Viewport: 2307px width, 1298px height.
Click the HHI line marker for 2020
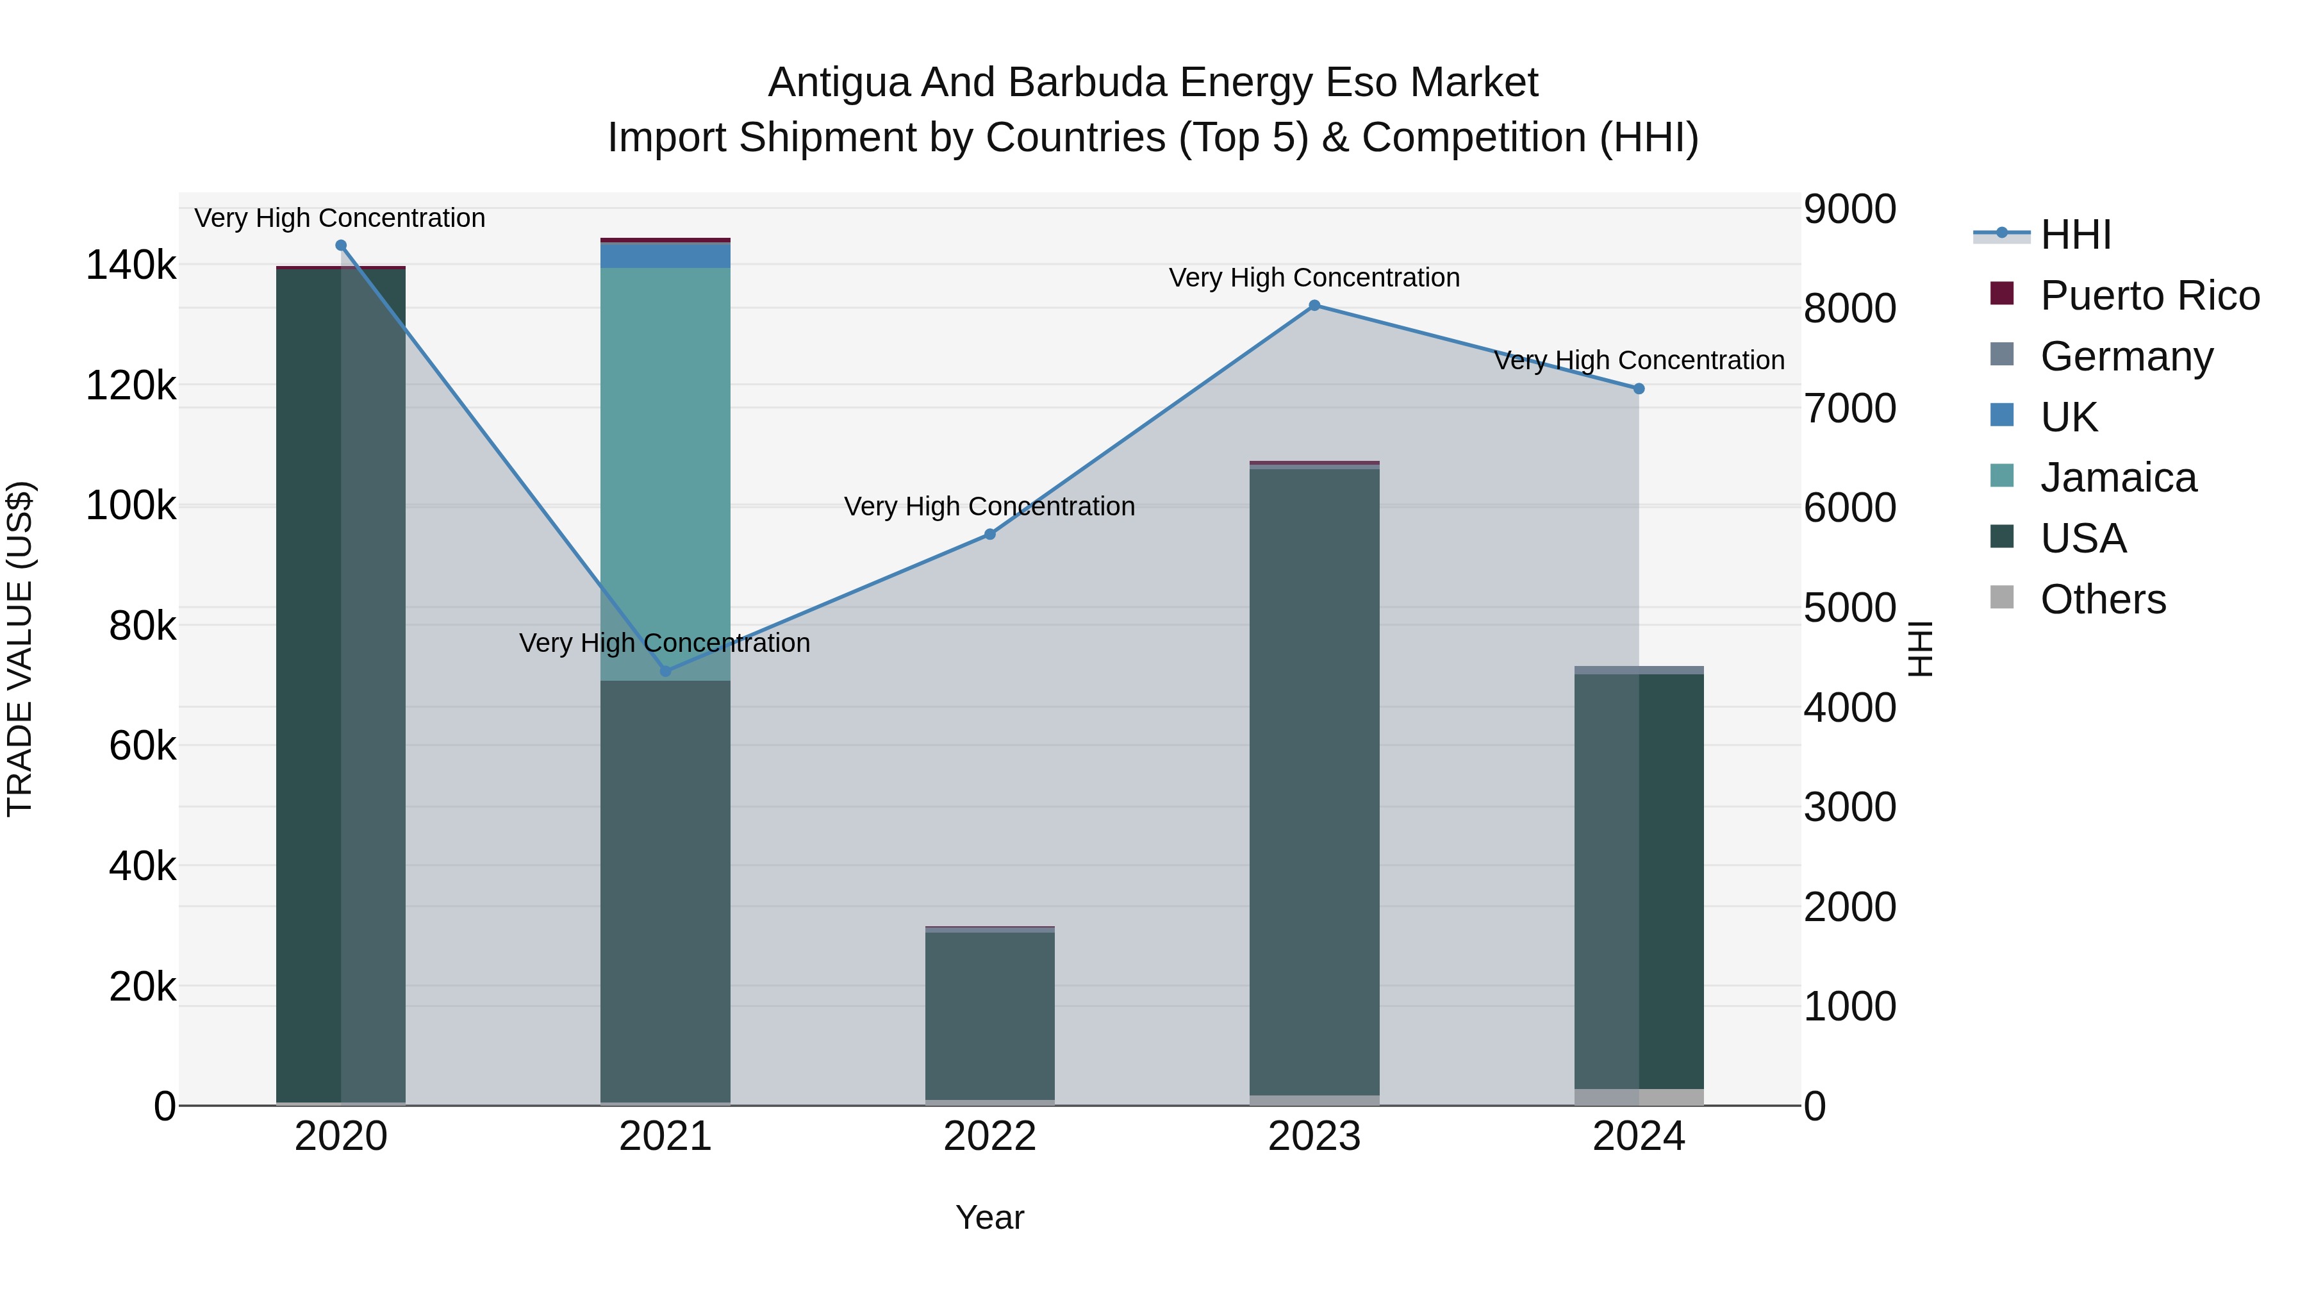tap(340, 245)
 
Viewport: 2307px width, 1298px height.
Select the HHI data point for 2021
tap(665, 671)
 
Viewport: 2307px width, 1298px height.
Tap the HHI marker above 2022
tap(989, 534)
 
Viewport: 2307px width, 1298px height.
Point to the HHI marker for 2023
tap(1315, 306)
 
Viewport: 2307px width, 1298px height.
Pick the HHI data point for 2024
tap(1639, 389)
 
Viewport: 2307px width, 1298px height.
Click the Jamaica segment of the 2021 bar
tap(665, 466)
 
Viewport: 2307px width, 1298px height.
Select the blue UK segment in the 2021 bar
tap(665, 255)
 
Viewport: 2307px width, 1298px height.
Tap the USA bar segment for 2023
tap(1315, 779)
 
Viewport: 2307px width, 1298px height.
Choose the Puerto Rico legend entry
tap(2149, 295)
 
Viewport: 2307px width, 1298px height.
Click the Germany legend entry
tap(2126, 356)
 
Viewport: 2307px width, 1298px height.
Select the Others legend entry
tap(2102, 599)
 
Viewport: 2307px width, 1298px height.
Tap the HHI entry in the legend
tap(2075, 235)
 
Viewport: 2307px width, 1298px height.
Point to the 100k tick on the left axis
tap(131, 506)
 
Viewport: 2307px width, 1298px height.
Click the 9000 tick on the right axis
tap(1849, 210)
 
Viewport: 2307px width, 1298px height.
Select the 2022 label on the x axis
tap(989, 1136)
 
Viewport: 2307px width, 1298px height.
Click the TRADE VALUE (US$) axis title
tap(20, 649)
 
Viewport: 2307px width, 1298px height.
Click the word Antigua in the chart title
tap(838, 83)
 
